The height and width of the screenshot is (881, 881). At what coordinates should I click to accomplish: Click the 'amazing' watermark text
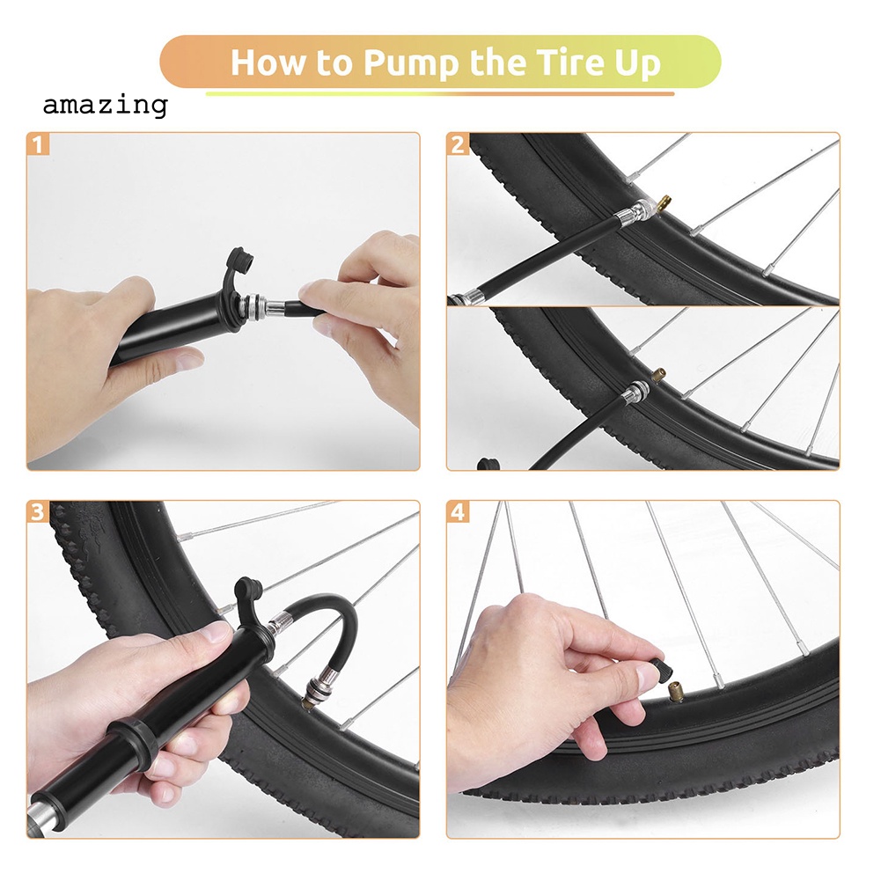point(105,106)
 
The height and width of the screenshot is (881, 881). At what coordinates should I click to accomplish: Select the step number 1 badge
point(37,143)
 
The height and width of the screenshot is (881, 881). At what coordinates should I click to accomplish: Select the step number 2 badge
point(458,143)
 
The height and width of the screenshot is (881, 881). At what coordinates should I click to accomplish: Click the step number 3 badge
point(37,512)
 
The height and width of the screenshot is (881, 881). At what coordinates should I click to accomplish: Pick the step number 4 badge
point(458,512)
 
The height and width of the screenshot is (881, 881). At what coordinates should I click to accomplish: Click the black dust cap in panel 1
point(239,265)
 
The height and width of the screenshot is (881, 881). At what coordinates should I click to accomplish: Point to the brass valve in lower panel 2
point(657,375)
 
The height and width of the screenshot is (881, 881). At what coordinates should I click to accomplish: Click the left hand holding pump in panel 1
point(97,352)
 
